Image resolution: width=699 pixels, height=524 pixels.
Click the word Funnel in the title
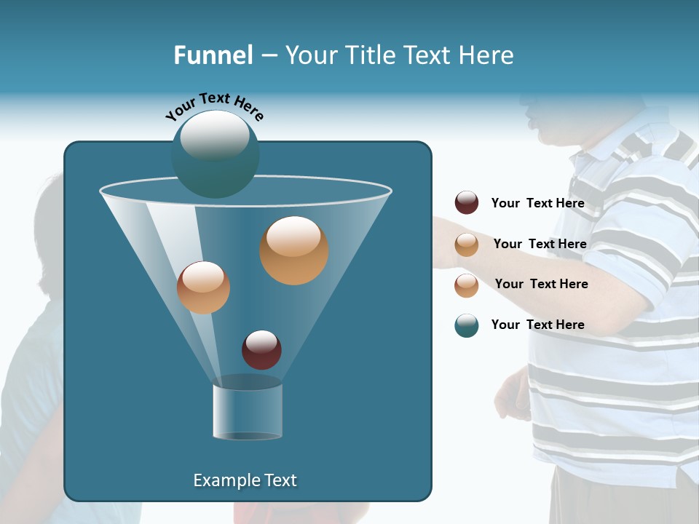point(213,55)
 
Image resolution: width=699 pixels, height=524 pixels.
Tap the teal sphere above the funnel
point(215,154)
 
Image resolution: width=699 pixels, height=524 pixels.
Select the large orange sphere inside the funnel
point(293,250)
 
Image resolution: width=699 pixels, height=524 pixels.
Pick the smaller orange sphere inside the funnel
point(203,287)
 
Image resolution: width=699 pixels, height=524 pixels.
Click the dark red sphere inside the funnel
point(261,349)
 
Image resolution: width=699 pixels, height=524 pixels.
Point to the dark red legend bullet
point(467,202)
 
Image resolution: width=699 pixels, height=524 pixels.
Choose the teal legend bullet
point(467,325)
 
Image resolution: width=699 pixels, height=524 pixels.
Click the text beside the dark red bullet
point(537,203)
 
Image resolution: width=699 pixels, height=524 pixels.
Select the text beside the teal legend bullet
point(537,325)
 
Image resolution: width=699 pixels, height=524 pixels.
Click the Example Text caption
point(245,480)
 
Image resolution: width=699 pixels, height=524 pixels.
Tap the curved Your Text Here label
point(214,106)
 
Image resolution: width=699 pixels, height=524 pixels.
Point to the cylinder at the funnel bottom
point(248,411)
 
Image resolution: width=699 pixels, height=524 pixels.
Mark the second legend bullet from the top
point(467,245)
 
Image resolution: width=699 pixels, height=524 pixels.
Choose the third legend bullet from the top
point(467,285)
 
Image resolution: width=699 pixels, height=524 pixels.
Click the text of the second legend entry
point(540,244)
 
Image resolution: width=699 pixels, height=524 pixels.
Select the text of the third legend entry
point(541,284)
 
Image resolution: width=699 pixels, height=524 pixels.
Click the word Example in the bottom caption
point(224,480)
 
